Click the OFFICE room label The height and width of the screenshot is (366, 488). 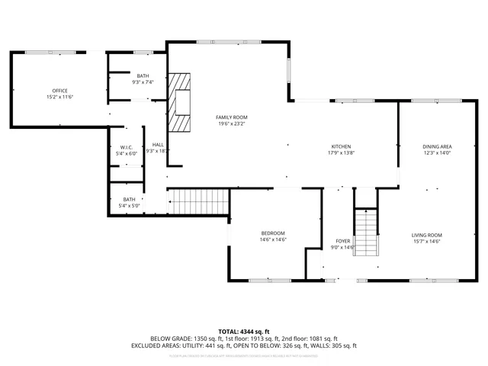click(x=59, y=91)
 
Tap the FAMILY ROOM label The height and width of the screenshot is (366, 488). click(x=233, y=117)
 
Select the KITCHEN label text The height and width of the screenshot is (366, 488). click(x=340, y=146)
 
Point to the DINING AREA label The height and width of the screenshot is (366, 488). click(x=438, y=146)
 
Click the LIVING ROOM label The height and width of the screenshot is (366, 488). click(x=427, y=235)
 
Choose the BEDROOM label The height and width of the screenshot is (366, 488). click(x=272, y=233)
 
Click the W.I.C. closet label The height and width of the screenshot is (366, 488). click(x=127, y=147)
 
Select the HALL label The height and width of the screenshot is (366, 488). click(x=158, y=145)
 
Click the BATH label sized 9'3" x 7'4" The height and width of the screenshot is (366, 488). click(x=143, y=75)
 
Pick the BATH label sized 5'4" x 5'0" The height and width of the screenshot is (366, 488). click(x=129, y=199)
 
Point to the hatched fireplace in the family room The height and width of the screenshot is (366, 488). click(x=180, y=103)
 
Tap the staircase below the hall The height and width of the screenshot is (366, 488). click(x=198, y=202)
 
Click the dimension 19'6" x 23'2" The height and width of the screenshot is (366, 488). click(x=233, y=123)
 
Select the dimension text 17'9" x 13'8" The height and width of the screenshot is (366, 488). click(x=340, y=152)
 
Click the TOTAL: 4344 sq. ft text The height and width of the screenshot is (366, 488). click(x=243, y=331)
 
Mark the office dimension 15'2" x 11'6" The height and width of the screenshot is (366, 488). click(x=59, y=97)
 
